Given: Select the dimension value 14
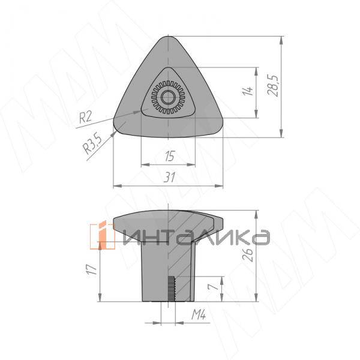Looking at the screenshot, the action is point(247,91).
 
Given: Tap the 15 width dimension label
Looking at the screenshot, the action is point(170,156).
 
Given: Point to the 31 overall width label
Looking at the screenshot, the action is point(170,177).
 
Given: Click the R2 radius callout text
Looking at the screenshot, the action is point(85,117).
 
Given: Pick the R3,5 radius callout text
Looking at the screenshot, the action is point(92,144).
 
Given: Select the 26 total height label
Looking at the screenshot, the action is point(248,255).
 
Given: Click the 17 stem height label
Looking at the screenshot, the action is point(91,270).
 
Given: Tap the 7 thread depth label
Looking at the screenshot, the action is point(213,287).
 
